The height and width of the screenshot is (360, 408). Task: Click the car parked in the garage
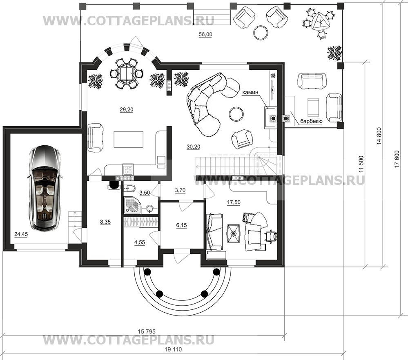45,189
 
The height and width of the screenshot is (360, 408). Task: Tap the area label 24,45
21,235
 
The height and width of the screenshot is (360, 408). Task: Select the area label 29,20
127,110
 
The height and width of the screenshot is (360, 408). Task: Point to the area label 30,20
193,147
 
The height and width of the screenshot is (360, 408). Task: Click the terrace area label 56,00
205,34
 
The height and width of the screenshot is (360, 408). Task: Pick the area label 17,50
234,202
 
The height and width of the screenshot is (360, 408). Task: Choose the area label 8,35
105,222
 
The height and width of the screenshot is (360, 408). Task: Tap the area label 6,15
181,225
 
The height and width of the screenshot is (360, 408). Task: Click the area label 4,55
139,242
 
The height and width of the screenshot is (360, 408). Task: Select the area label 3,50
145,193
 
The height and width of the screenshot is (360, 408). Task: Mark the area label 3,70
180,190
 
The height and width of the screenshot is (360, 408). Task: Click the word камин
251,92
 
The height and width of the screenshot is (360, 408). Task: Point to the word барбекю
312,122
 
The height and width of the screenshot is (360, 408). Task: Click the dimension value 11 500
360,164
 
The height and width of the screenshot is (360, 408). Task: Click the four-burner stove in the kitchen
128,170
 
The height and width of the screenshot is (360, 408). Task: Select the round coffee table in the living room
236,114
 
